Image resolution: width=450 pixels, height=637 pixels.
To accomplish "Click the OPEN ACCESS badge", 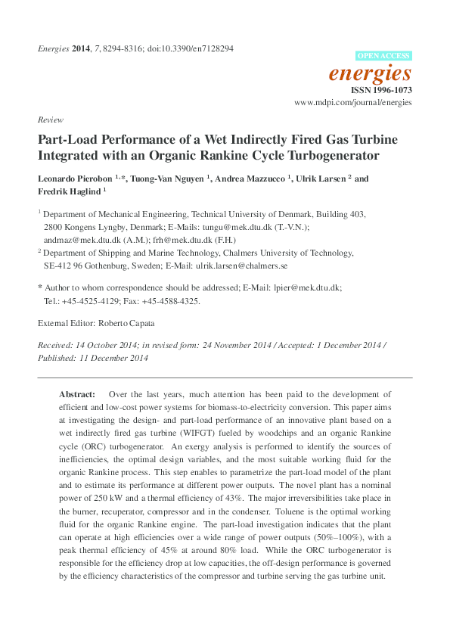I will (x=383, y=55).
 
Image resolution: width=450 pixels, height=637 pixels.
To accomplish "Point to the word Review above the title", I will (x=49, y=120).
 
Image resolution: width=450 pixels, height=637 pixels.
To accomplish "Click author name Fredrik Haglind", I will (x=69, y=192).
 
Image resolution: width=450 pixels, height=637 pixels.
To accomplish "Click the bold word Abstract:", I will (x=78, y=394).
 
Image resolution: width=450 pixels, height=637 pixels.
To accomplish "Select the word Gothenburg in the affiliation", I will (x=97, y=266).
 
